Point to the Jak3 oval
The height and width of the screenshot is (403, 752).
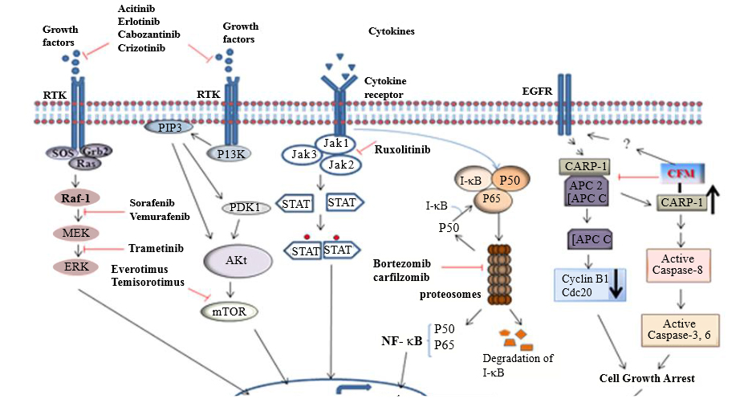pos(305,154)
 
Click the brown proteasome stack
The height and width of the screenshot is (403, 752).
pos(499,269)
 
